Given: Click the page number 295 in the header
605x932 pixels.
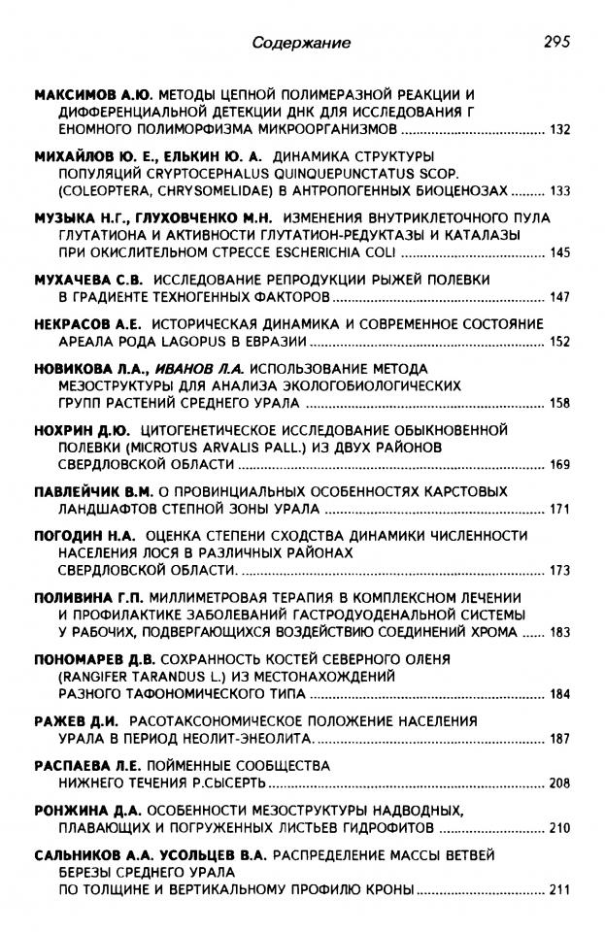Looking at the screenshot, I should [555, 42].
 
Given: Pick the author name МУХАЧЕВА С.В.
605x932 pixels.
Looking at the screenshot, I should [86, 279].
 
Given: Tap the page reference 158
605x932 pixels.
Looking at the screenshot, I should [559, 402].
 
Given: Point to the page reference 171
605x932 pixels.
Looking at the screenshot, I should [559, 508].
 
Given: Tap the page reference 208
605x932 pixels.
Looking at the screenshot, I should [559, 782].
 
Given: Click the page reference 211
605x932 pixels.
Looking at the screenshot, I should [559, 888].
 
